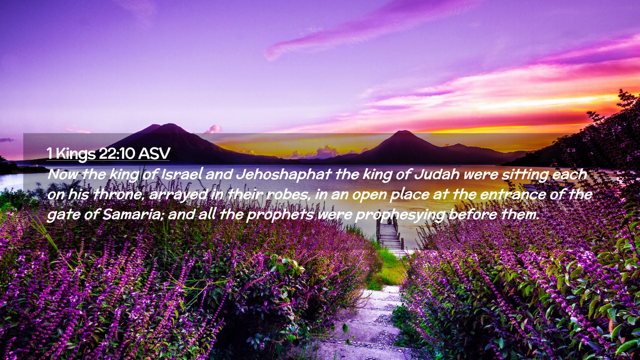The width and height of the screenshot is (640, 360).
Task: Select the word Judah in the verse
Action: [x=436, y=174]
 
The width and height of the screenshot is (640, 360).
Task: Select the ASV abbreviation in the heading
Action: [x=154, y=154]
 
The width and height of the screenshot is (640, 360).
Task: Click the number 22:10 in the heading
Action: [x=117, y=154]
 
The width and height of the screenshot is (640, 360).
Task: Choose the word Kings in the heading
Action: [x=76, y=154]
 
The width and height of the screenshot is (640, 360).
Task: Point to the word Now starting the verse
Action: [x=63, y=175]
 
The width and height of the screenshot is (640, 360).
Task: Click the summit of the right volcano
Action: [x=404, y=131]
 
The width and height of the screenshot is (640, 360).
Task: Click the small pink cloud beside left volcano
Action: [x=214, y=129]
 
